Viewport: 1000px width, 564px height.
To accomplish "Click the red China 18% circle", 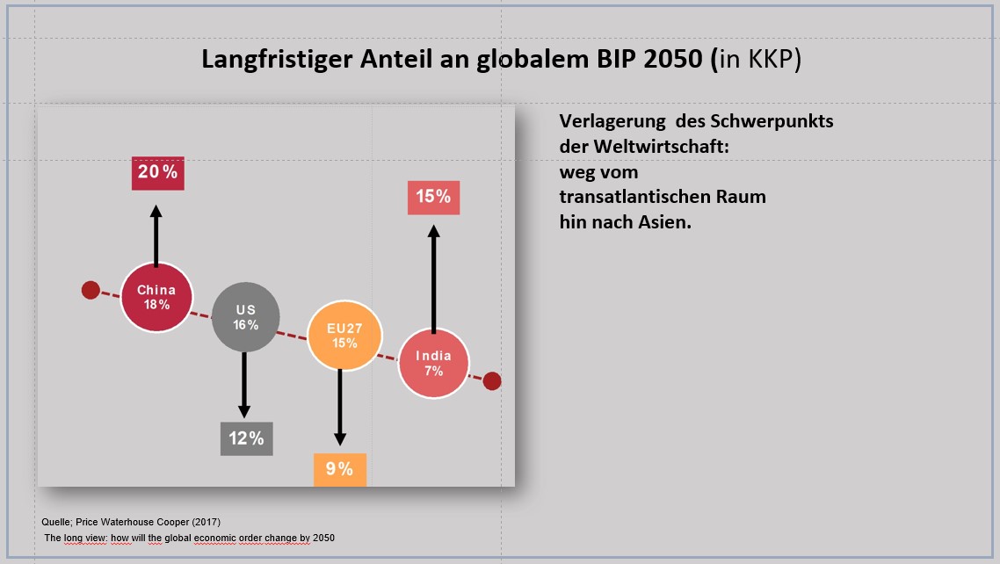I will (156, 297).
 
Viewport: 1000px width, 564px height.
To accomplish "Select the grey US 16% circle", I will (246, 317).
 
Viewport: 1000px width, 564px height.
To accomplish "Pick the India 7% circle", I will (433, 363).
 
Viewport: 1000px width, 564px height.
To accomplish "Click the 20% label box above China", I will (157, 172).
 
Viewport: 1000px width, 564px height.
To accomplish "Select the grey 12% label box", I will (246, 438).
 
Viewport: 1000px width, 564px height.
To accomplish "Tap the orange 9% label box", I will (339, 469).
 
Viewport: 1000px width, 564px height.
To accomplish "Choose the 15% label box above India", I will (432, 197).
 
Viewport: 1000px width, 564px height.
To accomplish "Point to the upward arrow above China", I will (156, 235).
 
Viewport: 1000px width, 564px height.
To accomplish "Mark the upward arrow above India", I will (432, 278).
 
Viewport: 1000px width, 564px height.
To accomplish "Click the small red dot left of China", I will (91, 290).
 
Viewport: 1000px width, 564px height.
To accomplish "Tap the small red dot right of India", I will (492, 380).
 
